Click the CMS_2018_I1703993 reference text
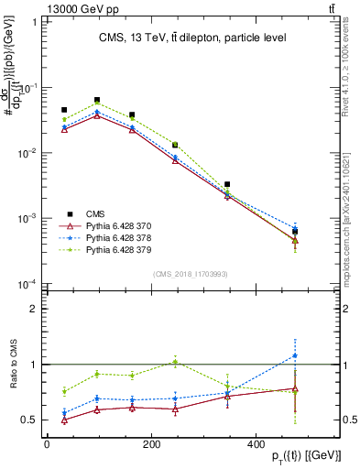click(x=191, y=273)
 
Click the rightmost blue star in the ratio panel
click(x=295, y=355)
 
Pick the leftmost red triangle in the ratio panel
click(x=64, y=420)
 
